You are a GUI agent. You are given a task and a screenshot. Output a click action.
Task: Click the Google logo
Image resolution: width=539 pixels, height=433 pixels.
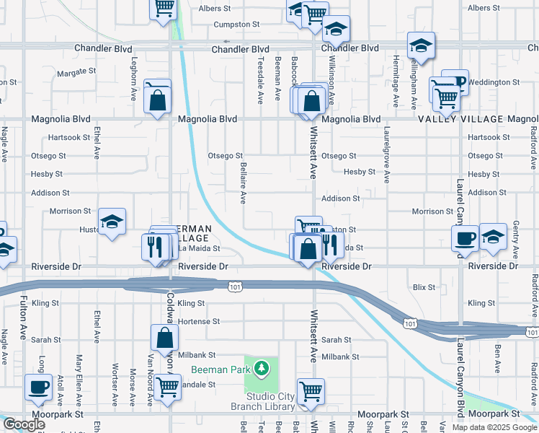(x=24, y=424)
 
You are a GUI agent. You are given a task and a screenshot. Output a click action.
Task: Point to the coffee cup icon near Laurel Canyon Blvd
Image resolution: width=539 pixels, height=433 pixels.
(x=465, y=238)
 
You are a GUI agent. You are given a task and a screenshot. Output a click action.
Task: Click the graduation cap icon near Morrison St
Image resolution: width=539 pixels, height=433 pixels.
(x=112, y=222)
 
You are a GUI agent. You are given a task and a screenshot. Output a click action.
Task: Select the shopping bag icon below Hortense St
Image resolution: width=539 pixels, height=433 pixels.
(x=165, y=337)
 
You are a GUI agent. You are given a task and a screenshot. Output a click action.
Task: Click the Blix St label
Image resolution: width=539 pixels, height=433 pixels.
(x=424, y=287)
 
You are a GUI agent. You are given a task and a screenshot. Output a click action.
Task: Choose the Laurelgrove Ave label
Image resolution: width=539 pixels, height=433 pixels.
(x=386, y=155)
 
